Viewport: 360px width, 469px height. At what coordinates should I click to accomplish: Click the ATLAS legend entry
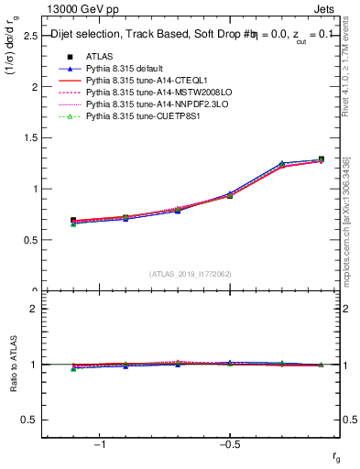click(x=99, y=57)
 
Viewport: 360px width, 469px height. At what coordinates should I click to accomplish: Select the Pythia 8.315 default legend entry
click(x=128, y=69)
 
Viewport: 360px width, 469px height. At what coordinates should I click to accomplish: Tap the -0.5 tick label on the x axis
click(x=229, y=444)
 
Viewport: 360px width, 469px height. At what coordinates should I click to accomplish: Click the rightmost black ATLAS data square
click(x=321, y=159)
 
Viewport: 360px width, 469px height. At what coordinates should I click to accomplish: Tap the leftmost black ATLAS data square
click(x=73, y=221)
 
